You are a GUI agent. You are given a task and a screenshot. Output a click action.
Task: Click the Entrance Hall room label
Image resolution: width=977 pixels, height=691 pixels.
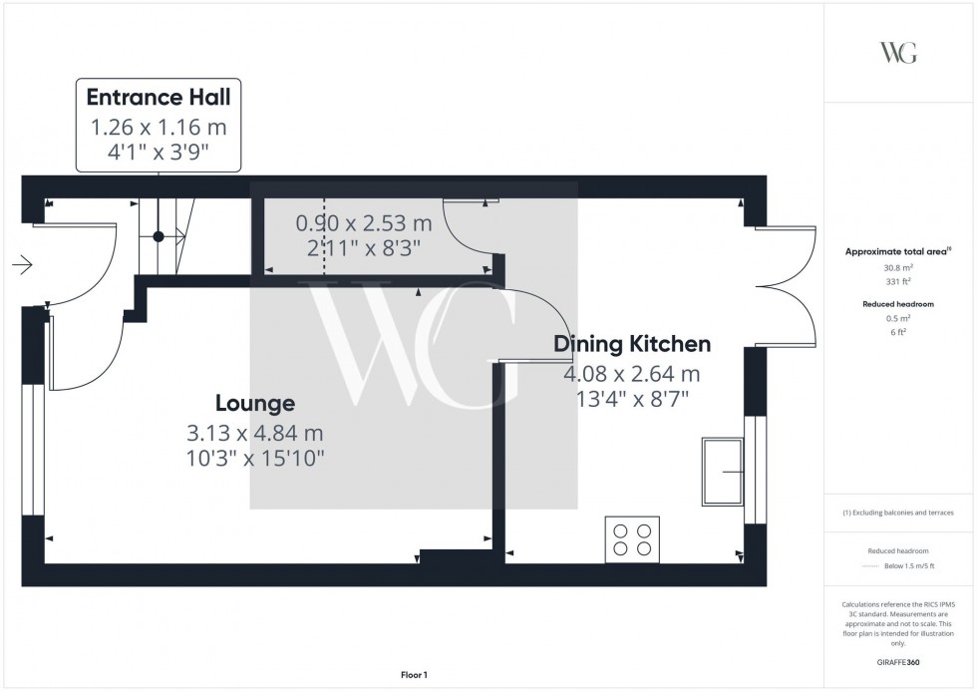[159, 97]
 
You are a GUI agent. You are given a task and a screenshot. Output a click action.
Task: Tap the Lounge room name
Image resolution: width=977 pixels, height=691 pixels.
[255, 403]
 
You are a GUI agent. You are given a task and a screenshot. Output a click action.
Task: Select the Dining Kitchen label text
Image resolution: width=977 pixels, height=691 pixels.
[632, 344]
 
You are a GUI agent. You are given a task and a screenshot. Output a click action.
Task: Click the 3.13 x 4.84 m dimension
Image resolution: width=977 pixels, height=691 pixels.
[255, 433]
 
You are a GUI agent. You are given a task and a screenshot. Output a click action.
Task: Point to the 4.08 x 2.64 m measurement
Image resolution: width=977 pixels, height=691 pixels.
[632, 374]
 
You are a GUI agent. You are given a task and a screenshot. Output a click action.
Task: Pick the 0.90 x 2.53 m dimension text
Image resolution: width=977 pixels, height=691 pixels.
[364, 223]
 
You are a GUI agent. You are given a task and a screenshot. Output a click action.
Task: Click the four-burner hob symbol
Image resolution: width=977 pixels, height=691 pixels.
[632, 539]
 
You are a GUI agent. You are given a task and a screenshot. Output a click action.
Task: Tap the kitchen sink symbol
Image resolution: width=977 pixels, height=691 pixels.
[723, 471]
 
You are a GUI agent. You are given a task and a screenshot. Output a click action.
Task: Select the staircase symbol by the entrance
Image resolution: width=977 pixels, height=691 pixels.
[160, 236]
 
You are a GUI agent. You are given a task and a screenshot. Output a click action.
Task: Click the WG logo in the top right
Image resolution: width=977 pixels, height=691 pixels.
[898, 53]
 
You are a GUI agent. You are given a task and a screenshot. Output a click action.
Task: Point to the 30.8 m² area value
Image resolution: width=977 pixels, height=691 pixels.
[899, 267]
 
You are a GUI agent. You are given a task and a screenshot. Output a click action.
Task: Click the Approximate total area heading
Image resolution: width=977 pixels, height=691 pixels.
[897, 251]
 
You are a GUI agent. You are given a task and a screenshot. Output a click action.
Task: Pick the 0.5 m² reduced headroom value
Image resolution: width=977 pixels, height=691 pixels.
[899, 318]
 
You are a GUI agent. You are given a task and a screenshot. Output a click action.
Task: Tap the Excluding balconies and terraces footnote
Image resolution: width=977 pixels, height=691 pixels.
[898, 513]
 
